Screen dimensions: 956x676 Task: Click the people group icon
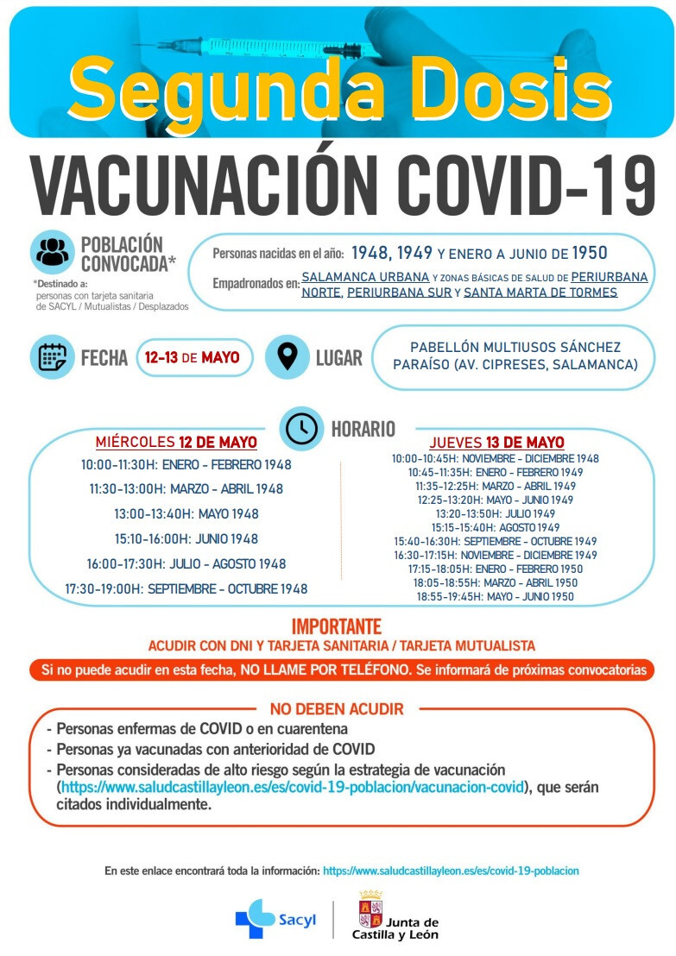[x=53, y=252]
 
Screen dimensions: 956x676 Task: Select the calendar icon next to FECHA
[x=53, y=357]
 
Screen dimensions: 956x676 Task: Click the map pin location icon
[x=287, y=357]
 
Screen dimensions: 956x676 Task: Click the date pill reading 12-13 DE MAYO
[x=193, y=357]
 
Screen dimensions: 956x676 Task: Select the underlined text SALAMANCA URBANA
[x=365, y=277]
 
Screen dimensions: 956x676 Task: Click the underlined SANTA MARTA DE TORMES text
[x=540, y=292]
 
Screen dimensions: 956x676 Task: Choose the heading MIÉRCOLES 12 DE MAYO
[x=176, y=443]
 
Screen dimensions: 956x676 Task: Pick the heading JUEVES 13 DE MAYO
[x=496, y=443]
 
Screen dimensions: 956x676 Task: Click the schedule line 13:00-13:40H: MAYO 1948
[x=186, y=514]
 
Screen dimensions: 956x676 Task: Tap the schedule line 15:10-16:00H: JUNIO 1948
[x=186, y=539]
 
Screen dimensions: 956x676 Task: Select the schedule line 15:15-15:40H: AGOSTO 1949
[x=496, y=527]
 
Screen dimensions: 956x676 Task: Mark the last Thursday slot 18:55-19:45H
[x=496, y=596]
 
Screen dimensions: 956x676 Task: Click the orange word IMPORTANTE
[x=337, y=626]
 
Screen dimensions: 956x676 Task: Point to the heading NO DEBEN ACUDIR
[x=337, y=709]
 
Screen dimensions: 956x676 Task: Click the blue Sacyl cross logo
[x=255, y=918]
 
